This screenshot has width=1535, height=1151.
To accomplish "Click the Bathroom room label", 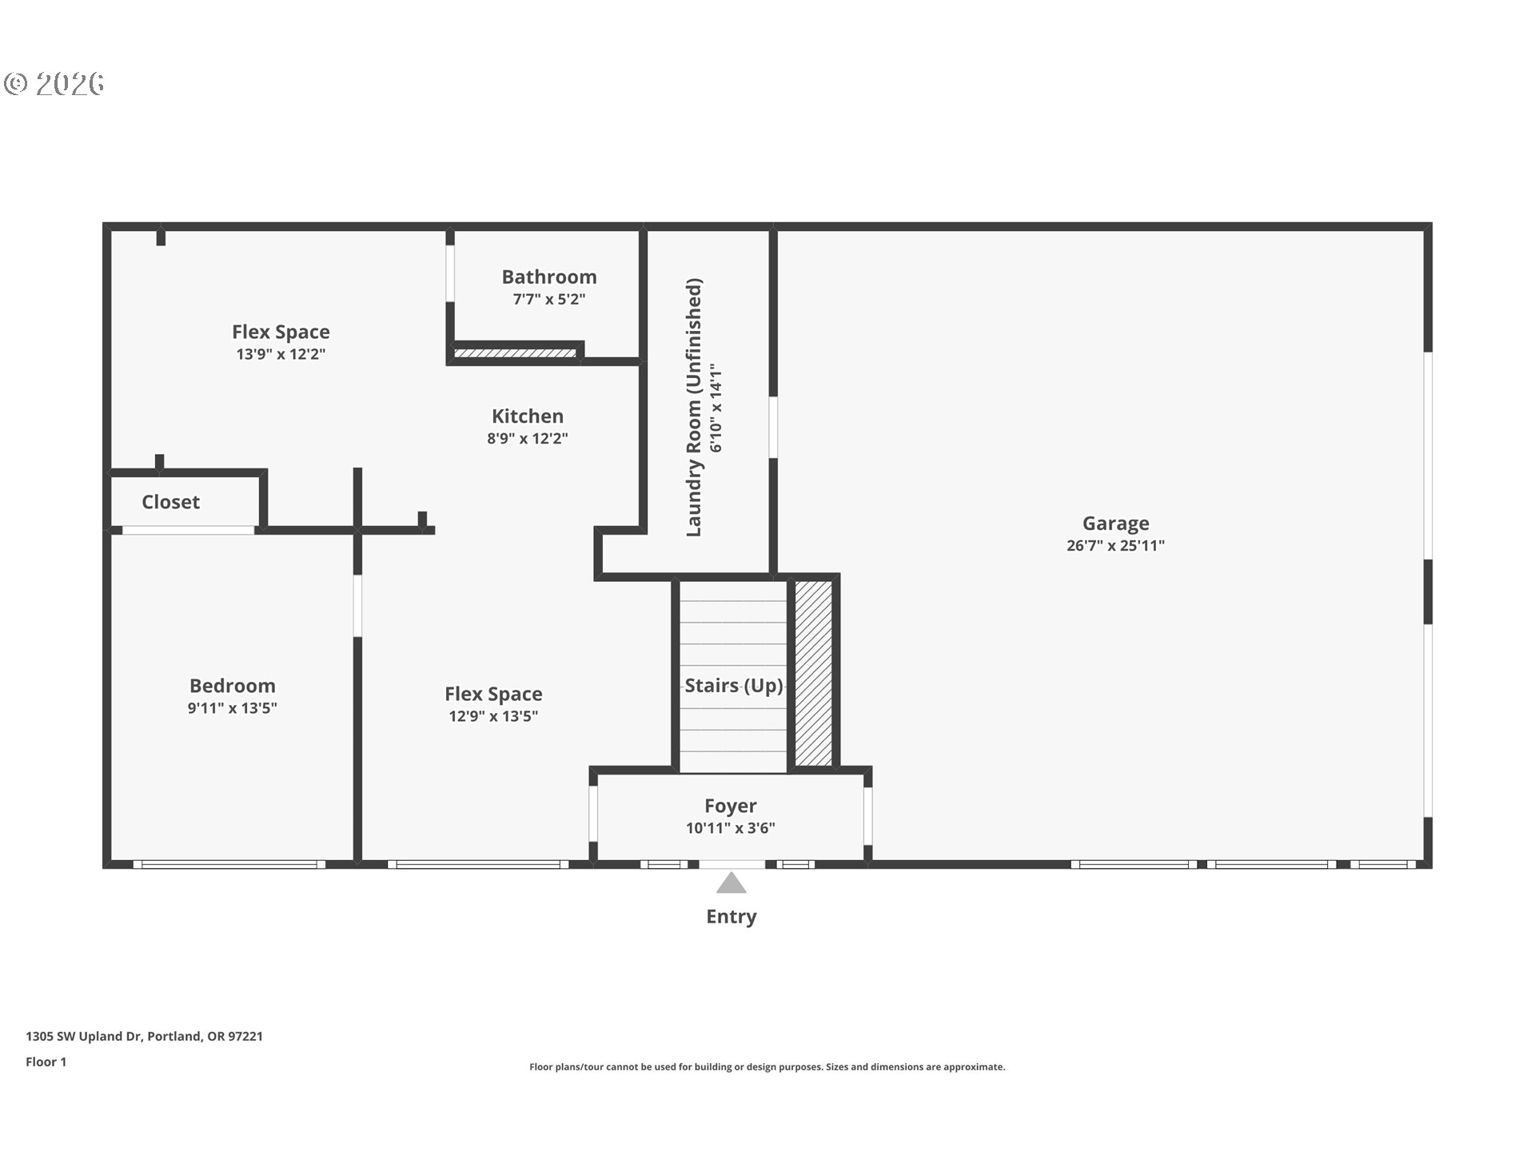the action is coord(549,277).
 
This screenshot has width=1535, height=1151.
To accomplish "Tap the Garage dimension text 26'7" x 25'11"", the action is coord(1115,545).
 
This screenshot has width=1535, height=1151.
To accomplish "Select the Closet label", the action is coord(170,502).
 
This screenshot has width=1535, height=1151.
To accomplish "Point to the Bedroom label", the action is coord(233,686).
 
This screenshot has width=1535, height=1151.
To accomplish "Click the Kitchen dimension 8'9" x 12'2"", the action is coord(528,438).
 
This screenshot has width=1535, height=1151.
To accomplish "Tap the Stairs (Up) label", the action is coord(734,686).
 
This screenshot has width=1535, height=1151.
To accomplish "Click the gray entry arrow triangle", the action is coord(732,883).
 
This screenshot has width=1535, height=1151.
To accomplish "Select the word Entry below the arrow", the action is coord(732,917).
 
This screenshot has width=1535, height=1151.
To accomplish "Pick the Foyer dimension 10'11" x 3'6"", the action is coord(731,828).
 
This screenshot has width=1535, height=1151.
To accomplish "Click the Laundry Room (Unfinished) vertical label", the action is coord(693,408).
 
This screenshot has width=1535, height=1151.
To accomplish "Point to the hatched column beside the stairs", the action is coord(814,673).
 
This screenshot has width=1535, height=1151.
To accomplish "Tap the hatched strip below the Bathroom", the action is coord(515,352).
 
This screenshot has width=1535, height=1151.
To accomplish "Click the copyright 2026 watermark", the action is coord(54,83).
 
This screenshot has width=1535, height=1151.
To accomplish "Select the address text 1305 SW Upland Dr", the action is coord(84,1036).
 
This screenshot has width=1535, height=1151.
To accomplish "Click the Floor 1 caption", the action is coord(46,1061).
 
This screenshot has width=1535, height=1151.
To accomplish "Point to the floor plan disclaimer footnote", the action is coord(767,1066).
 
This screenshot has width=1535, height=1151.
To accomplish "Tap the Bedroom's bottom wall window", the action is coord(229,864).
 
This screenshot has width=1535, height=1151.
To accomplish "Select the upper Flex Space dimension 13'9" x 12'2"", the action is coord(281,354).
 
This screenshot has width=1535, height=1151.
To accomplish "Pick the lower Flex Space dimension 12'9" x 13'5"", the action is coord(493,716).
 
